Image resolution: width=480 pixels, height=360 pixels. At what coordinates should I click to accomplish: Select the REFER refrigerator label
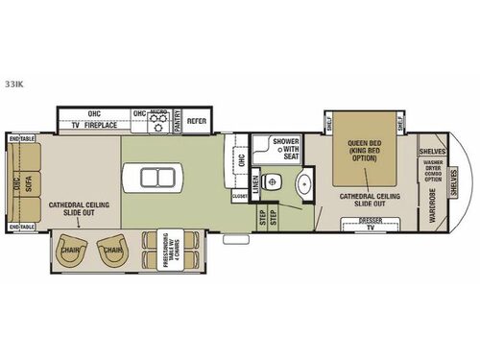coord(197,122)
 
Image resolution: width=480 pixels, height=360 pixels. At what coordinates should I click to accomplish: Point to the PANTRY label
coord(177,123)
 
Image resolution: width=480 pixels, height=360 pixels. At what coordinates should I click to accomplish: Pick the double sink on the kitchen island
coord(154,178)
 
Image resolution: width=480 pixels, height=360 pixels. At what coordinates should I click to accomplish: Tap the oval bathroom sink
coord(304,183)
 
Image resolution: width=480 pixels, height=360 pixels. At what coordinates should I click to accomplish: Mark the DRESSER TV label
coord(371,225)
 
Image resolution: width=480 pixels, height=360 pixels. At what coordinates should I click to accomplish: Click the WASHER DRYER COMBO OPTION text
coord(433,171)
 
